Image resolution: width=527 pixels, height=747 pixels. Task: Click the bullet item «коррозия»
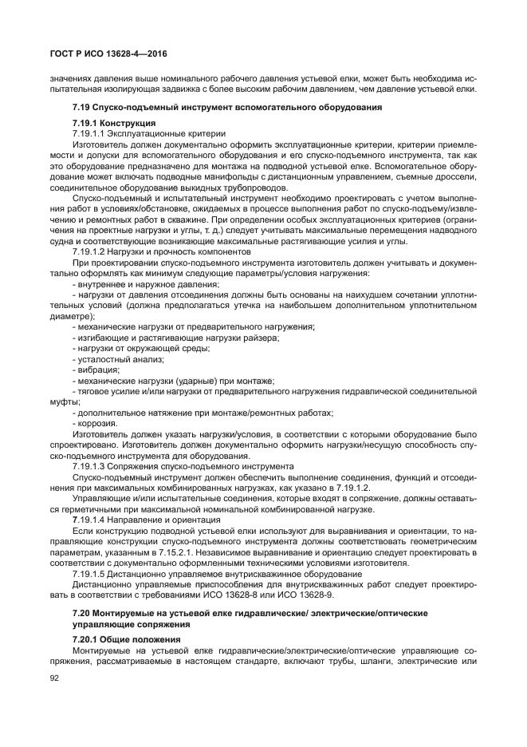point(97,422)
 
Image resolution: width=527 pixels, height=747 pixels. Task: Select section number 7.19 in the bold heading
point(81,107)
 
